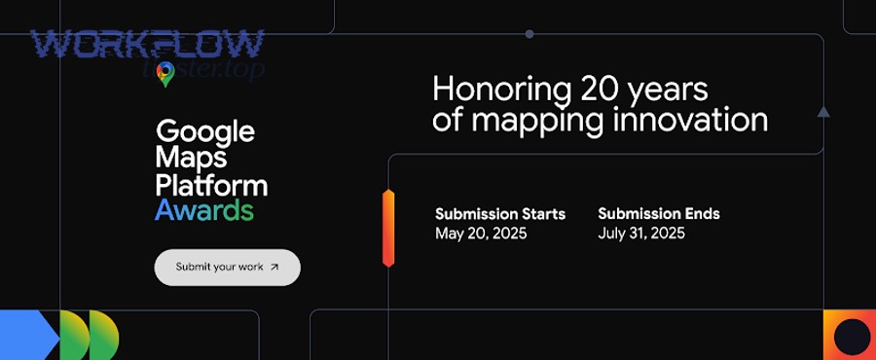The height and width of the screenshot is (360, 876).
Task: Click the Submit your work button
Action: click(x=227, y=267)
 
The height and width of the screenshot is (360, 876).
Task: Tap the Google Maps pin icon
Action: click(x=165, y=74)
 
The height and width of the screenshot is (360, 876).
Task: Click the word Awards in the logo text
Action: click(x=204, y=210)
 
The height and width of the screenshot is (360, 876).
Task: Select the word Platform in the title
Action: click(x=211, y=184)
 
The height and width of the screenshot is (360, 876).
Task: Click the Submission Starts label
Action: click(x=500, y=214)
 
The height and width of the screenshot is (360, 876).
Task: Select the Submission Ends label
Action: click(x=659, y=214)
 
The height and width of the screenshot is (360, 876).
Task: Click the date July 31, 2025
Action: click(x=641, y=234)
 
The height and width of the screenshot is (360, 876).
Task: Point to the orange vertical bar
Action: click(x=388, y=229)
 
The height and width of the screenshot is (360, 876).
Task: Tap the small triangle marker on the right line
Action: click(x=823, y=113)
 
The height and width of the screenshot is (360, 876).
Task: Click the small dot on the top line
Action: click(x=529, y=34)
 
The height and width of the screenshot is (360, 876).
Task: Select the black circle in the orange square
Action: click(x=853, y=336)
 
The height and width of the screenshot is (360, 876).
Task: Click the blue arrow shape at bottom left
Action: click(x=29, y=335)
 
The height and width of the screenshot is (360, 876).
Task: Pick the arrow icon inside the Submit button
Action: click(x=274, y=267)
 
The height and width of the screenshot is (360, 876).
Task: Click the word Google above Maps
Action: click(x=205, y=131)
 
